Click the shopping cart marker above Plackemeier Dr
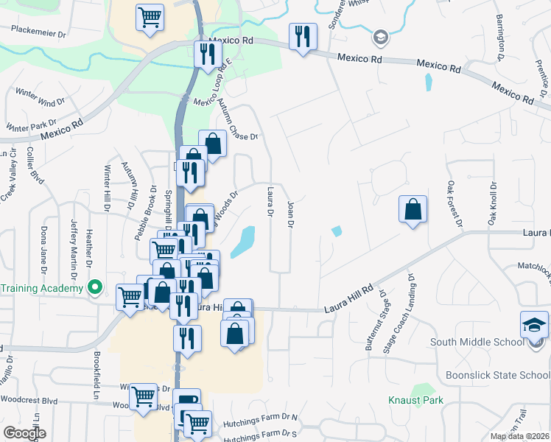click(x=150, y=17)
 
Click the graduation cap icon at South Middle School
click(x=535, y=325)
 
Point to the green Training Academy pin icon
click(x=94, y=287)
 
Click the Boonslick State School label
click(x=497, y=375)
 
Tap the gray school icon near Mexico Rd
click(x=380, y=37)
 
